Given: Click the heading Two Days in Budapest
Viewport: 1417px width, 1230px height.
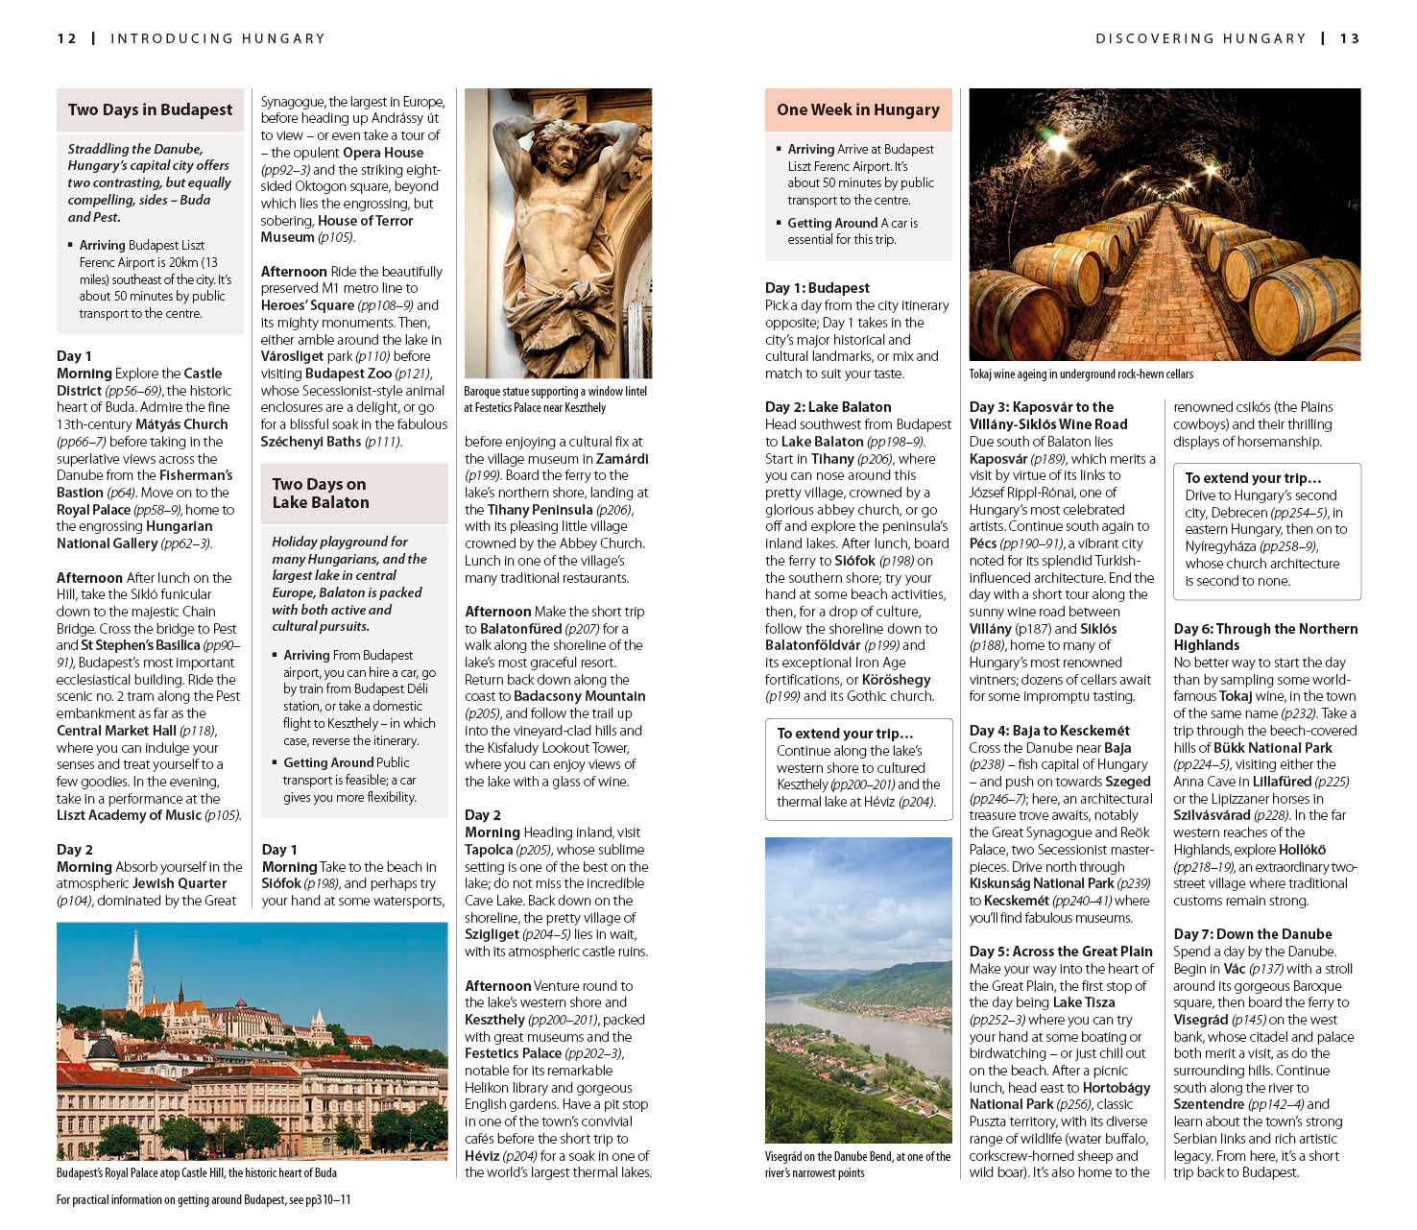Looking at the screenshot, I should tap(150, 110).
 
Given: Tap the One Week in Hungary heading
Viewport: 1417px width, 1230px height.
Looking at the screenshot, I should tap(857, 110).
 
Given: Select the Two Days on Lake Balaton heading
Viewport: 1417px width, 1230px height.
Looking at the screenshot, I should tap(320, 493).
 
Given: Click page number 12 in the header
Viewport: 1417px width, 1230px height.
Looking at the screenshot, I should tap(66, 38).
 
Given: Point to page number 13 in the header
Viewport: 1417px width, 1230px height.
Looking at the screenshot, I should tap(1350, 38).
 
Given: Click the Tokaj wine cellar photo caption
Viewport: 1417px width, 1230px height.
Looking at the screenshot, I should tap(1081, 374).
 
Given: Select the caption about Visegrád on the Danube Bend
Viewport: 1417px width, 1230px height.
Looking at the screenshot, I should tap(857, 1164).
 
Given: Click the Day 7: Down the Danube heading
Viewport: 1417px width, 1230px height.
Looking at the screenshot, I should tap(1252, 934).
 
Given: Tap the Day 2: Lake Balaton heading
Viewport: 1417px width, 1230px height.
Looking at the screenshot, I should tap(828, 407).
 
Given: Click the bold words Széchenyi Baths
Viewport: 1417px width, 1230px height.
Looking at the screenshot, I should tap(311, 442).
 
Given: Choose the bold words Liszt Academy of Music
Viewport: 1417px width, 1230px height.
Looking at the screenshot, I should tap(130, 815).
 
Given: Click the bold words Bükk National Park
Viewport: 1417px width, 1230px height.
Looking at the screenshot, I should tap(1272, 748).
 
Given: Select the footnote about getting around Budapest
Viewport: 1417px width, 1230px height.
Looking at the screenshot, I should tap(204, 1200).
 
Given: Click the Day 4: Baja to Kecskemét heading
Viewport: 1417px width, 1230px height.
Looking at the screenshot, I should tap(1049, 731).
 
